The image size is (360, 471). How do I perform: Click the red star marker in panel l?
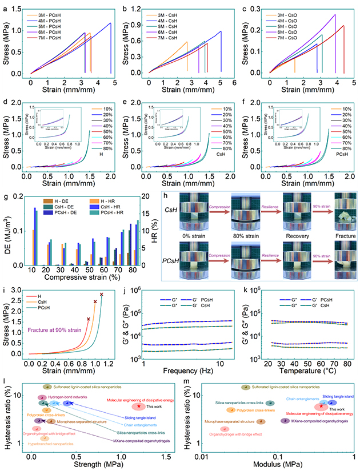[x=139, y=406]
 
